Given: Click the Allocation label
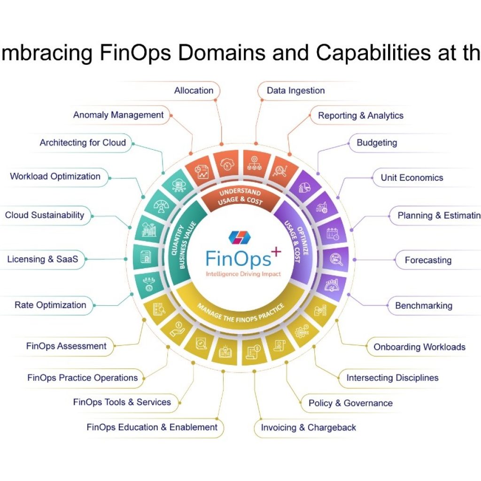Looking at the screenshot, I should pyautogui.click(x=194, y=91).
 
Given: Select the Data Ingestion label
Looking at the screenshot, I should pyautogui.click(x=295, y=91).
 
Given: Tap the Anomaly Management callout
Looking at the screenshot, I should pyautogui.click(x=118, y=115).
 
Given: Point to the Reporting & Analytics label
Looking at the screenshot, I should pyautogui.click(x=360, y=116).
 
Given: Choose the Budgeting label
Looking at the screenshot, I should pyautogui.click(x=377, y=143).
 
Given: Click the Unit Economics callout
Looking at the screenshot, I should pyautogui.click(x=411, y=178).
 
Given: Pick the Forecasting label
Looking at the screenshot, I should pyautogui.click(x=428, y=260).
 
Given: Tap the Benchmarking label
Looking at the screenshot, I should pyautogui.click(x=423, y=306).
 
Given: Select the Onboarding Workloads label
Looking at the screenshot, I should pyautogui.click(x=419, y=347).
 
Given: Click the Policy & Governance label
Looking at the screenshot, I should pyautogui.click(x=350, y=403).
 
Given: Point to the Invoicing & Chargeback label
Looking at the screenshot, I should pyautogui.click(x=308, y=427).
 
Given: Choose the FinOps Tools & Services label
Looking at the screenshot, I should pyautogui.click(x=122, y=402).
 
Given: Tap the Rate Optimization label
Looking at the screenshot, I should pyautogui.click(x=50, y=305).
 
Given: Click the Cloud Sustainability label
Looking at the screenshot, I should pyautogui.click(x=45, y=215).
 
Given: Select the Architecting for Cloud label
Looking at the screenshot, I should pyautogui.click(x=83, y=143).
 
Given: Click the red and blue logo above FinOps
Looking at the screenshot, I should pyautogui.click(x=240, y=237).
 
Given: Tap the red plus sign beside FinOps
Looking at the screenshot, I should pyautogui.click(x=276, y=253).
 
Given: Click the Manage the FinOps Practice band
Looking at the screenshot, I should pyautogui.click(x=241, y=310).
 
